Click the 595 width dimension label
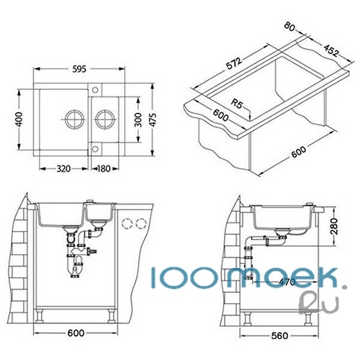pos(79,69)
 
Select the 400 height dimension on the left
pos(19,120)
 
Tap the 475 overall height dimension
pos(153,120)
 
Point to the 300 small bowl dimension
pos(138,120)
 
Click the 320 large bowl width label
pos(63,168)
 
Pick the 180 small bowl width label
pos(104,168)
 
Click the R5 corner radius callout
pos(237,104)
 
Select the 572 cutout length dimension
pos(234,63)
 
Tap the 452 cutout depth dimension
pos(331,50)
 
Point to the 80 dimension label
pos(289,27)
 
